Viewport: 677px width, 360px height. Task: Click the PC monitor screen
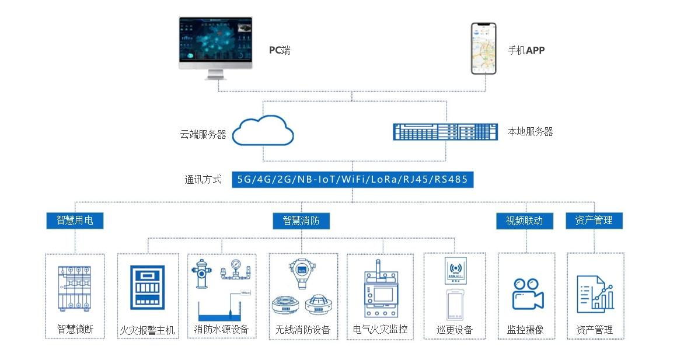(x=215, y=43)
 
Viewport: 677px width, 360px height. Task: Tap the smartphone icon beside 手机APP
(x=483, y=48)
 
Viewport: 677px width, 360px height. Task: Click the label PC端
(x=279, y=50)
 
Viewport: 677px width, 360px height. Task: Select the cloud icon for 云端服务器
(x=263, y=131)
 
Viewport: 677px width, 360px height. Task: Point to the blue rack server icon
(x=445, y=131)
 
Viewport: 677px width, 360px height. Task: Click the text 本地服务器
(x=530, y=132)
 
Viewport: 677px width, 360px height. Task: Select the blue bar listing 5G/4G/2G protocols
(x=352, y=179)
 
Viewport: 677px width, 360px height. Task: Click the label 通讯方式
(x=203, y=180)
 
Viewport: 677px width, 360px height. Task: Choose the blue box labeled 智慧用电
(x=75, y=221)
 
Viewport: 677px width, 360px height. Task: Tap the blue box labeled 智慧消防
(x=301, y=221)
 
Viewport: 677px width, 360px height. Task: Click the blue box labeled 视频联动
(x=524, y=221)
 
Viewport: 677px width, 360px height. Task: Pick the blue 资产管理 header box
(x=594, y=221)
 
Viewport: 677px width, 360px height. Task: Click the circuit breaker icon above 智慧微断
(x=74, y=289)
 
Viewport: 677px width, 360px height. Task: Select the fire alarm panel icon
(x=147, y=287)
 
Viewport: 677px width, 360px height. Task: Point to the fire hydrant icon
(x=201, y=273)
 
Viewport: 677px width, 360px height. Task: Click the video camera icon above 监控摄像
(x=527, y=293)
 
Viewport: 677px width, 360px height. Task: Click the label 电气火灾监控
(x=380, y=330)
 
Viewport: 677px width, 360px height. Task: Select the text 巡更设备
(x=454, y=330)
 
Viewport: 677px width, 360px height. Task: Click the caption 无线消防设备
(x=302, y=330)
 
